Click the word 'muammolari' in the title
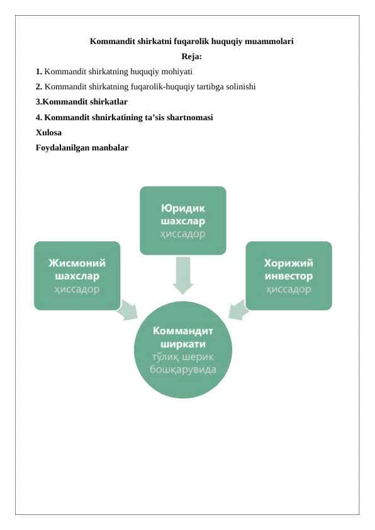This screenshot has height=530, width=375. (269, 42)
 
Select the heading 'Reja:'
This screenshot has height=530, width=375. (191, 57)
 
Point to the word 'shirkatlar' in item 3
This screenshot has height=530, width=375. (108, 102)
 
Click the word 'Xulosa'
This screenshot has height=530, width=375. (48, 132)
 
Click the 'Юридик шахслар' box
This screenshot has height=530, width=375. (182, 220)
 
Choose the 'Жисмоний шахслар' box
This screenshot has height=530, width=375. (77, 276)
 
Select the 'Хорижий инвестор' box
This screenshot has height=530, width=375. (289, 276)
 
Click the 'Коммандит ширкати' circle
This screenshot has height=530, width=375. (182, 350)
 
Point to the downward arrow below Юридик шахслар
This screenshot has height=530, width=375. (182, 275)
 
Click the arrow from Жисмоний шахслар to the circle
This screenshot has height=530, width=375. (128, 310)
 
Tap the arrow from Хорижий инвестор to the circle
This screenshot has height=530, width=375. (238, 310)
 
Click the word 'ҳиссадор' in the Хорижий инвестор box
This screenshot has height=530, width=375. (289, 290)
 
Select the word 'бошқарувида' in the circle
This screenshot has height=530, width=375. (182, 369)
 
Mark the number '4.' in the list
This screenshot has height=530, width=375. (39, 117)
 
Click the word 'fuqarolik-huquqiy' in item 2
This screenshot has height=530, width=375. (162, 87)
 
